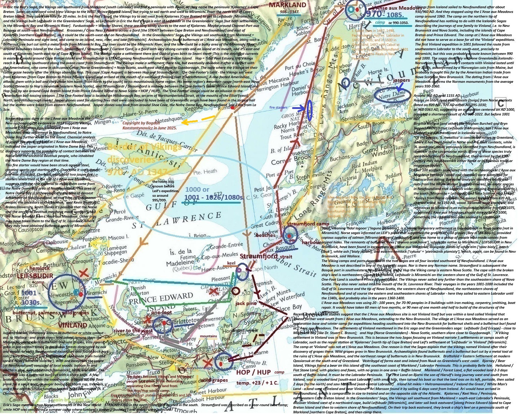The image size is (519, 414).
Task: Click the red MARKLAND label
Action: [287, 5]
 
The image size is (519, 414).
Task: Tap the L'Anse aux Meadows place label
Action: [392, 8]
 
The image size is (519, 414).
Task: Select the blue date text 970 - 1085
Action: [385, 14]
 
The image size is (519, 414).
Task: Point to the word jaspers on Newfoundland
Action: [401, 80]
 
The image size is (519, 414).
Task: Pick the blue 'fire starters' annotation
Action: [278, 107]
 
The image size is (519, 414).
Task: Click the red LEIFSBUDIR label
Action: [35, 276]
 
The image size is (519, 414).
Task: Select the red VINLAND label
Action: [72, 325]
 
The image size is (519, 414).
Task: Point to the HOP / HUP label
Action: [253, 372]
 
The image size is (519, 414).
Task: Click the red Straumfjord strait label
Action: [266, 256]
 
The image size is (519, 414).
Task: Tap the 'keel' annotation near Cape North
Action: [232, 263]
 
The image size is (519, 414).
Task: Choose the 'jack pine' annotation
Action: [246, 303]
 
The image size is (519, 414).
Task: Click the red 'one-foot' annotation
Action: [161, 312]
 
